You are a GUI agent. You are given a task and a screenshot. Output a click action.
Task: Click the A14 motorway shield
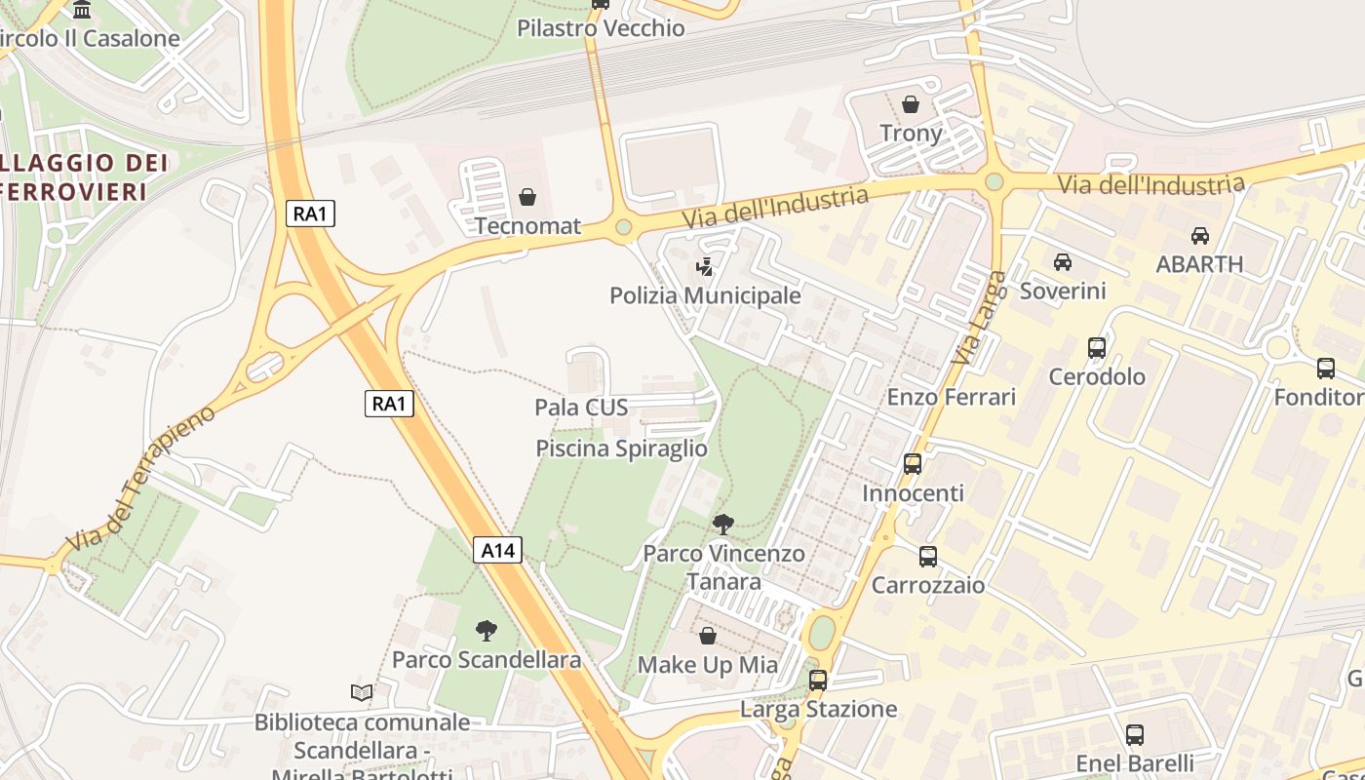point(498,550)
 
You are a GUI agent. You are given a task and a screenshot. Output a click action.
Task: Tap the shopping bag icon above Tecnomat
point(527,198)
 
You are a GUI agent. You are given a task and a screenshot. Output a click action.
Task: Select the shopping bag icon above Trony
point(911,104)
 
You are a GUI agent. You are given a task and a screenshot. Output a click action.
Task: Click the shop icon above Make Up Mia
point(708,637)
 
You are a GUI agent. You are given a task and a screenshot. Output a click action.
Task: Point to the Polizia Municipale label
point(705,294)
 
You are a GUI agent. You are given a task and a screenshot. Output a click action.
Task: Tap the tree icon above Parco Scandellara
point(486,631)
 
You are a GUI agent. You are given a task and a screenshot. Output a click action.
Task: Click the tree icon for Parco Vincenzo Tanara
point(722,525)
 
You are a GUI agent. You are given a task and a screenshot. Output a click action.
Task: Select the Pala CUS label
point(581,407)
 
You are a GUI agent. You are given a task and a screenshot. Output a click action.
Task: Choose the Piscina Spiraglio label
point(621,448)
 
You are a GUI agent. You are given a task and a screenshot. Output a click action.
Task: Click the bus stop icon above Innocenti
point(913,464)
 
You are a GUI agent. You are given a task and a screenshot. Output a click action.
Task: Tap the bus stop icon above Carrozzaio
point(928,557)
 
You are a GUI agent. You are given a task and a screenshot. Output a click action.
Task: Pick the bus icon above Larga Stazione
point(818,681)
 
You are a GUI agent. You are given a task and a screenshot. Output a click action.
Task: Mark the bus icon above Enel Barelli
point(1134,735)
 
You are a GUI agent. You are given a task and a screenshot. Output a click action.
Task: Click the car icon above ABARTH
point(1199,236)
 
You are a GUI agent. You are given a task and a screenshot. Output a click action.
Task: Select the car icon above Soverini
point(1063,262)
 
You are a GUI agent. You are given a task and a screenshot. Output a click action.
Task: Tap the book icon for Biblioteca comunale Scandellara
point(362,693)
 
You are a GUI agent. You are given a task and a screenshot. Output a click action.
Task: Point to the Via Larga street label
point(979,319)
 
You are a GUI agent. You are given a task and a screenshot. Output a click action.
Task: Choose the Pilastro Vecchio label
point(601,28)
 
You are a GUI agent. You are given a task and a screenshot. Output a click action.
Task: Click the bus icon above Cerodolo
point(1097,348)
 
